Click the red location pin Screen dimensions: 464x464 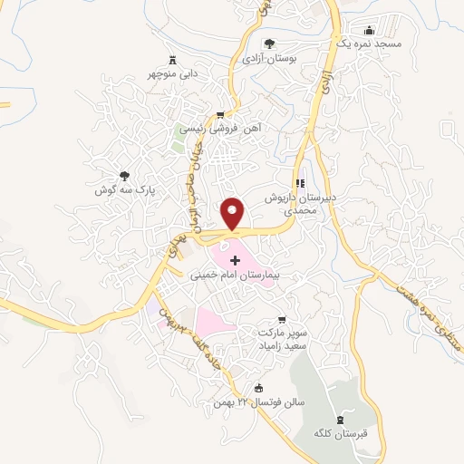click(235, 213)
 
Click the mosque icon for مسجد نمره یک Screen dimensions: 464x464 click(367, 31)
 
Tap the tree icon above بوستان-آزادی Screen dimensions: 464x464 click(268, 43)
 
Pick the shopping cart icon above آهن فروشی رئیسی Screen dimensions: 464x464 click(219, 115)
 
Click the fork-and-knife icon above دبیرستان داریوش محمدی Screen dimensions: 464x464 click(301, 182)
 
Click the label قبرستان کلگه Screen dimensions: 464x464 click(341, 432)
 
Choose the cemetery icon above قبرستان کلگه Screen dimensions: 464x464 click(341, 419)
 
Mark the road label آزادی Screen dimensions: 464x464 click(326, 83)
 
